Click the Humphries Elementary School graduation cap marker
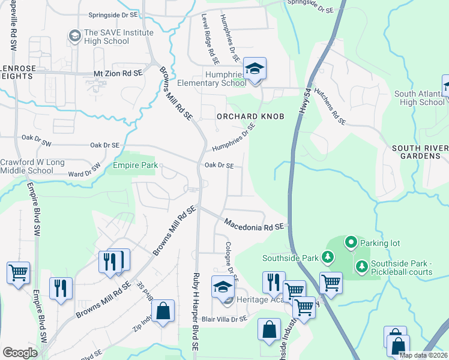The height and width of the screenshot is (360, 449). click(x=255, y=69)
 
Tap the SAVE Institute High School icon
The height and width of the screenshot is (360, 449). click(x=75, y=37)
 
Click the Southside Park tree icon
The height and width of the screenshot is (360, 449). click(x=327, y=258)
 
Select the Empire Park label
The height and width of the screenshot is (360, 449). click(x=135, y=164)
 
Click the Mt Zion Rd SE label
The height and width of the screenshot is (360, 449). click(x=118, y=73)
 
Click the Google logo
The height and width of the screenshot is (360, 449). click(x=19, y=353)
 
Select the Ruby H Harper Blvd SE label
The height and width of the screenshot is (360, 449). click(x=196, y=311)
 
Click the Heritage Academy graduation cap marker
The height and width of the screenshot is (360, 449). click(x=223, y=287)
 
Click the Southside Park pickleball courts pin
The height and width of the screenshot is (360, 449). click(x=362, y=266)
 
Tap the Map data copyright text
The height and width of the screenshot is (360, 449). click(x=423, y=355)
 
